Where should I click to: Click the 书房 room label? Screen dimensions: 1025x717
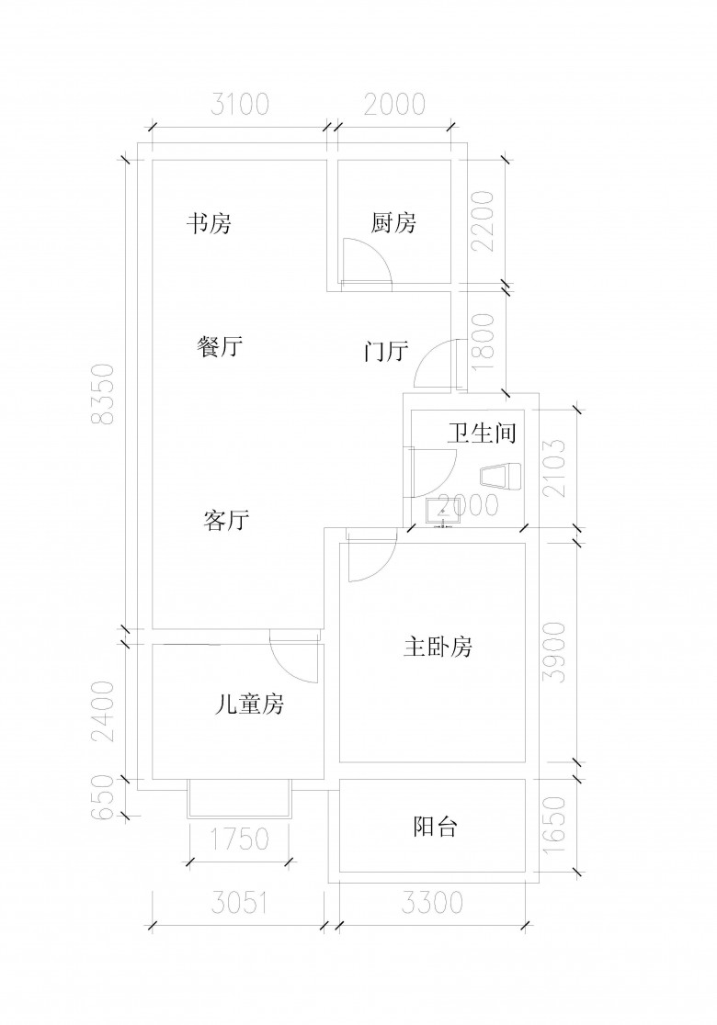pyautogui.click(x=209, y=223)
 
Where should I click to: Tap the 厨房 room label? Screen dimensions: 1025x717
pyautogui.click(x=394, y=223)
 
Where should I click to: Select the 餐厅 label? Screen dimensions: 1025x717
pyautogui.click(x=220, y=347)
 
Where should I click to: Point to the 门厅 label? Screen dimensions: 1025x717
pyautogui.click(x=386, y=352)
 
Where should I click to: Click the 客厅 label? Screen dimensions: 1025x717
pyautogui.click(x=226, y=521)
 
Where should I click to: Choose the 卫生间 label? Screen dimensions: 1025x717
pyautogui.click(x=481, y=434)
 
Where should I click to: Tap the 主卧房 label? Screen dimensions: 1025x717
pyautogui.click(x=438, y=648)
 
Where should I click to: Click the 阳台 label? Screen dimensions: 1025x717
pyautogui.click(x=434, y=828)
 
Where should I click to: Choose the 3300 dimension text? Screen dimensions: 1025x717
pyautogui.click(x=432, y=904)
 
